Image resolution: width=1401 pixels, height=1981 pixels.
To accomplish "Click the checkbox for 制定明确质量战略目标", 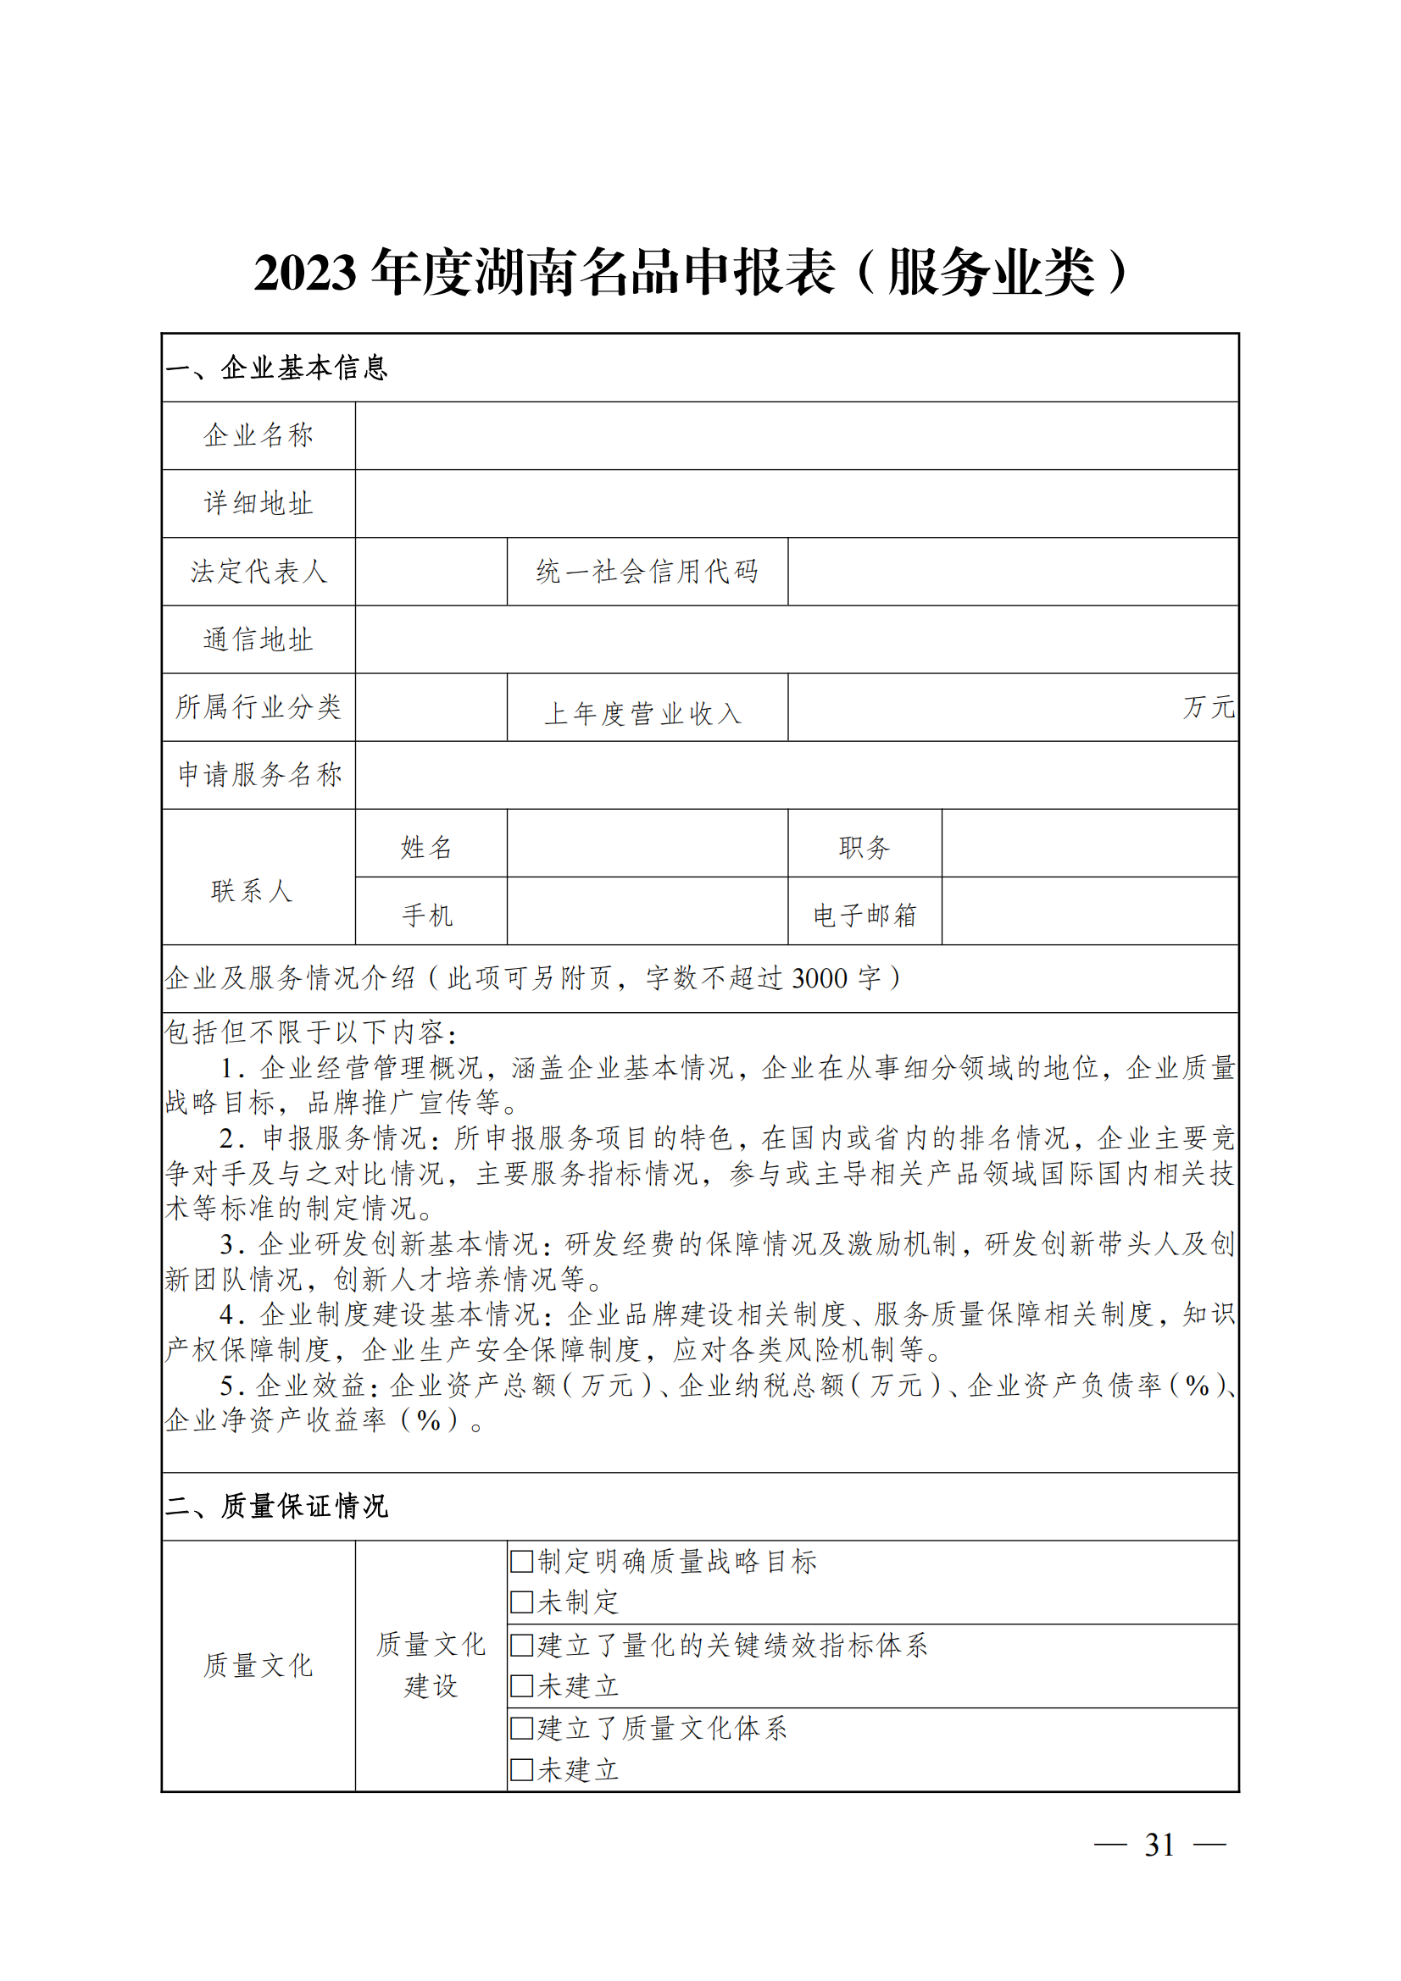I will (x=520, y=1561).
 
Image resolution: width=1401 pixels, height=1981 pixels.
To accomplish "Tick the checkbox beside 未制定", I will (x=520, y=1602).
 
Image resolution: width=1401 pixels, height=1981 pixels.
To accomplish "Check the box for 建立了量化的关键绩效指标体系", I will (x=520, y=1645).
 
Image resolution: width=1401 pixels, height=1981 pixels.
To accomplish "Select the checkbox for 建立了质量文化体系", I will (x=520, y=1729).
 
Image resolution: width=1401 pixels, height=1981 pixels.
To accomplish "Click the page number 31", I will (x=1159, y=1845).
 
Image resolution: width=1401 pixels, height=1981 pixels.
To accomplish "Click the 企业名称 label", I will (x=259, y=435).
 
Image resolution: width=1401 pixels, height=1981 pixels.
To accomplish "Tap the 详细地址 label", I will (x=259, y=504).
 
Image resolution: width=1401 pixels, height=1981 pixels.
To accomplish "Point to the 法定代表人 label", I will (x=259, y=571).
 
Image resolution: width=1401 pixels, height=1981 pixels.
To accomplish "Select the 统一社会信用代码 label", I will (x=647, y=571).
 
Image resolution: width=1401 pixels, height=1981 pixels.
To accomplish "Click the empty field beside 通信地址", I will (x=796, y=639).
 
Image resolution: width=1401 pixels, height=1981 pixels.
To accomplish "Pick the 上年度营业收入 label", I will (x=643, y=713).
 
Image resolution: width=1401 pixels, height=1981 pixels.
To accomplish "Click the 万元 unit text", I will (x=1208, y=707).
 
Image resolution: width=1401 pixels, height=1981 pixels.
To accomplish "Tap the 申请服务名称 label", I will (x=260, y=775).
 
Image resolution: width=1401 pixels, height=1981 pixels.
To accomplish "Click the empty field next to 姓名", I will (x=647, y=844).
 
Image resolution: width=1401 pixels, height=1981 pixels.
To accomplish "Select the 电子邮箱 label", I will (x=865, y=915).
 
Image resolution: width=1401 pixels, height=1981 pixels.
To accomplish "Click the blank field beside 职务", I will (x=1089, y=844).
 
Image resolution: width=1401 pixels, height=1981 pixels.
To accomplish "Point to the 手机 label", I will (x=427, y=915).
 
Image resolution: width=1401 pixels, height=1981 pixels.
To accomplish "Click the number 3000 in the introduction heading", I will (x=820, y=978).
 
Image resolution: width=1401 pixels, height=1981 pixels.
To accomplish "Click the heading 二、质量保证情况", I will (x=276, y=1507).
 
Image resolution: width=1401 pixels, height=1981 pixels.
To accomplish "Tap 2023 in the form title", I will (x=305, y=273).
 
